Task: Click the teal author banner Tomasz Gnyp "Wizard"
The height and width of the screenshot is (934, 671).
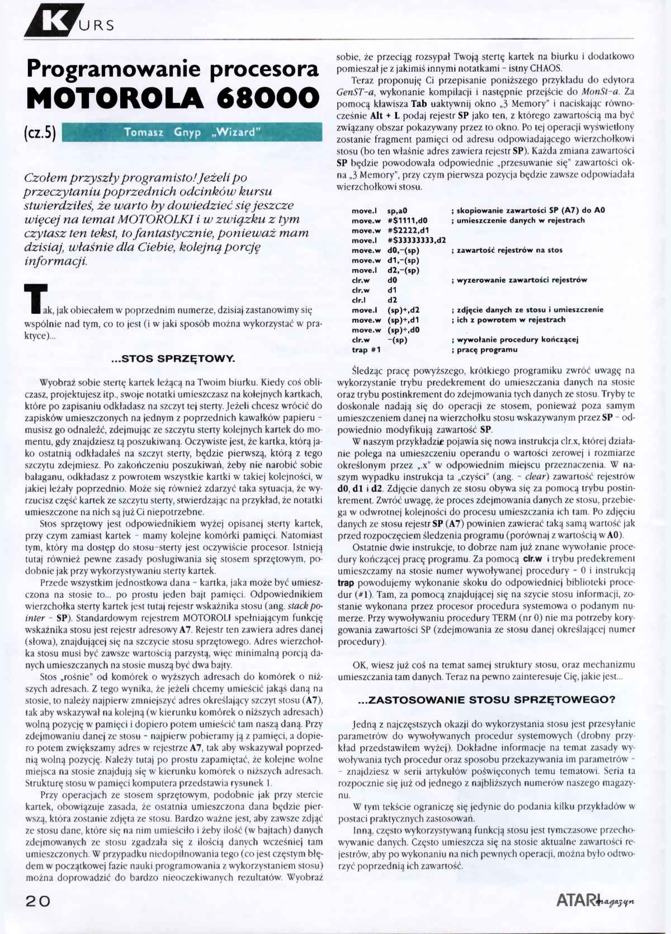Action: coord(192,133)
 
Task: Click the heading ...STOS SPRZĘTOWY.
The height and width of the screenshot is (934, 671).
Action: coord(173,358)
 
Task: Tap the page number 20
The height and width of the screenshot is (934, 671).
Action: coord(37,901)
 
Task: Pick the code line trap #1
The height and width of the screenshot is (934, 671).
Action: coord(366,350)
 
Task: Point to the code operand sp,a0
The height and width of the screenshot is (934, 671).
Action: coord(397,210)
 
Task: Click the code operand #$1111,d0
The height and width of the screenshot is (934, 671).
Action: coord(407,220)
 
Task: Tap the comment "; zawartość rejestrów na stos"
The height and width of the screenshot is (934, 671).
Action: coord(506,250)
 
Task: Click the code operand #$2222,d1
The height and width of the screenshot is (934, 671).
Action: coord(408,230)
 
